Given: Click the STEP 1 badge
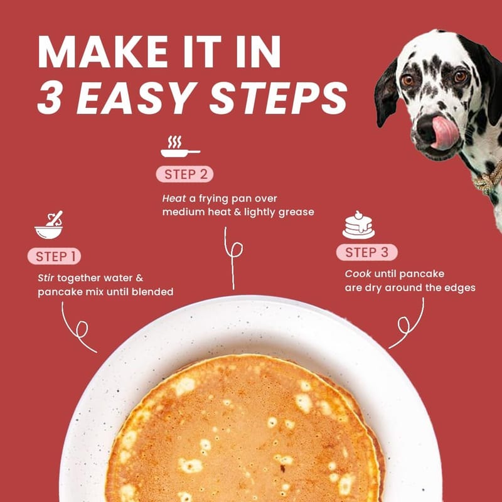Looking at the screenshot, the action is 54,256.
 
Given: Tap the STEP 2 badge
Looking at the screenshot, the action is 184,174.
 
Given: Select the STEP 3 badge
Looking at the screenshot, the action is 367,252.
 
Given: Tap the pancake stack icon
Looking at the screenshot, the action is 358,225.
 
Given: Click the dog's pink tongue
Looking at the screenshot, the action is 444,132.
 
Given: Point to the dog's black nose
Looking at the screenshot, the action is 427,128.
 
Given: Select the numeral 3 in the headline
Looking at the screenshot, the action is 50,98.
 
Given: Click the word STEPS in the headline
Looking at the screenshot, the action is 278,98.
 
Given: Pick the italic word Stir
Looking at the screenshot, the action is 46,277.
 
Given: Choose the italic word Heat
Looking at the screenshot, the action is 174,198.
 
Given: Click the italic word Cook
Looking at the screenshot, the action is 358,274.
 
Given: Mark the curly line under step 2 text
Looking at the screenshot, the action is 233,257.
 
